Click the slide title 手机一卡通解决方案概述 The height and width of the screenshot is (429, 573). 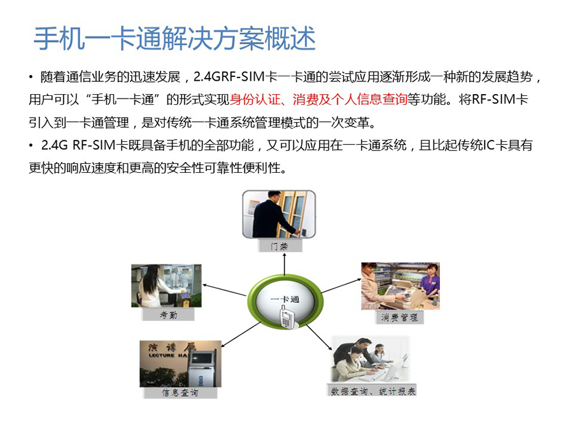[174, 38]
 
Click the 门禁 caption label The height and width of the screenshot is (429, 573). [279, 246]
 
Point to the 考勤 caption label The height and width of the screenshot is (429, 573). [168, 315]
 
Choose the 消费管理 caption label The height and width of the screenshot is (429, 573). [399, 317]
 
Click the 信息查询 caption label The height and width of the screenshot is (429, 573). [180, 393]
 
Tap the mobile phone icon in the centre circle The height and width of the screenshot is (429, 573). [286, 317]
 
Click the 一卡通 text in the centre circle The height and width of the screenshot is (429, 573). [285, 299]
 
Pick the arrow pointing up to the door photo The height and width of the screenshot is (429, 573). [285, 264]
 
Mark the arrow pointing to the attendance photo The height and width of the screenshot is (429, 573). [224, 290]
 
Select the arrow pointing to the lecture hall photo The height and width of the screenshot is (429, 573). [241, 334]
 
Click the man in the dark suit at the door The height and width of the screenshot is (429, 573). [270, 216]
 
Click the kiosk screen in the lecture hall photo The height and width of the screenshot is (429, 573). [201, 358]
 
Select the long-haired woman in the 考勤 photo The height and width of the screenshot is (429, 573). [153, 287]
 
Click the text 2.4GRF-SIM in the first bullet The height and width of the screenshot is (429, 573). [229, 77]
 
